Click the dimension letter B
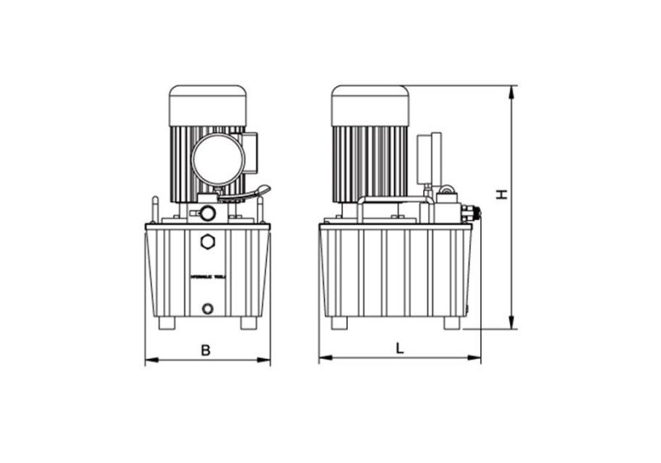click(206, 350)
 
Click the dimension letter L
click(400, 348)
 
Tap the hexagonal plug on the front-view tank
click(207, 241)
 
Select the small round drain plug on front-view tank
click(207, 308)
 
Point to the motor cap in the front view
click(207, 104)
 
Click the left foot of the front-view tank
click(167, 322)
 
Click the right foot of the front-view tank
click(249, 322)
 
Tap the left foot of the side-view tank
click(340, 322)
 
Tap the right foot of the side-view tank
click(452, 322)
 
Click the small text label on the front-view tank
click(207, 278)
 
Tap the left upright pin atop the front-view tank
click(155, 207)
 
